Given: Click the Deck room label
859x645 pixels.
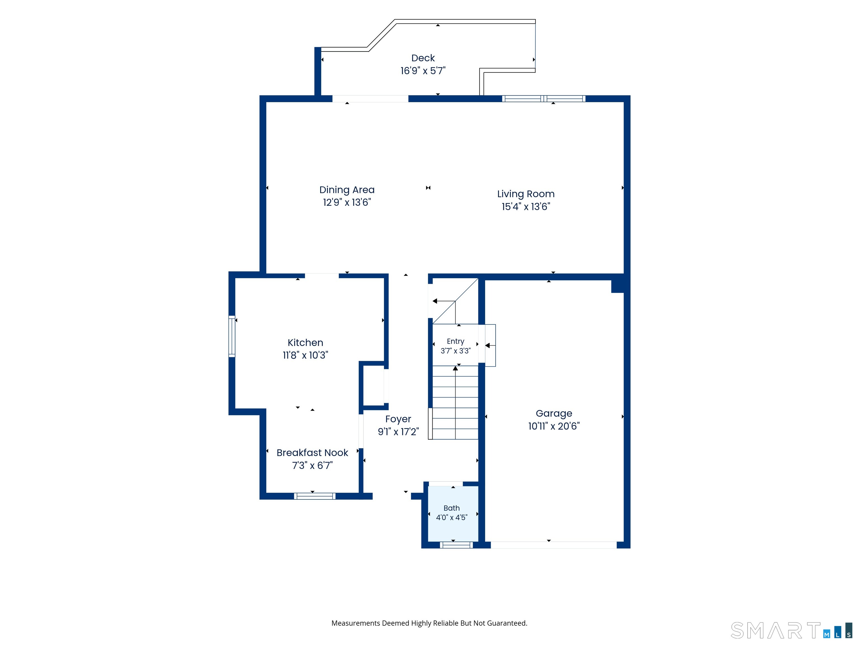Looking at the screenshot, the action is point(423,58).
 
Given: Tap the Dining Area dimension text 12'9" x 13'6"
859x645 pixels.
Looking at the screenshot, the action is point(347,202).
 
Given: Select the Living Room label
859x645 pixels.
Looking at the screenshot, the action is point(526,194).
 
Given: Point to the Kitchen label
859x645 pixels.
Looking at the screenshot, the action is point(305,343).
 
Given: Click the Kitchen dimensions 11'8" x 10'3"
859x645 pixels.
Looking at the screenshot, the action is point(305,355).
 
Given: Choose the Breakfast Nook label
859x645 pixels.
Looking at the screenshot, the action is point(312,453).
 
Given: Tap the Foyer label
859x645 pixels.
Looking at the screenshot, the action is point(398,419).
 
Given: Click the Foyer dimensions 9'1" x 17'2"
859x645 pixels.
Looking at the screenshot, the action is point(398,432).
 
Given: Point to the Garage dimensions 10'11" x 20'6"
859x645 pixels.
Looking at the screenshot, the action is point(554,426).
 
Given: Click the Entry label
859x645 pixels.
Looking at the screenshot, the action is point(455,341).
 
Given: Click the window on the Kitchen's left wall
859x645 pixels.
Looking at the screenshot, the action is point(232,336).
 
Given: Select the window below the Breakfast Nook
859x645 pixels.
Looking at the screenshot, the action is point(315,496).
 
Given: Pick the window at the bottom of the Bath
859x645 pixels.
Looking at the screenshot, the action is point(456,545).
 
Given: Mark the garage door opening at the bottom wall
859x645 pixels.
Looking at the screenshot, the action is point(554,545).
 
